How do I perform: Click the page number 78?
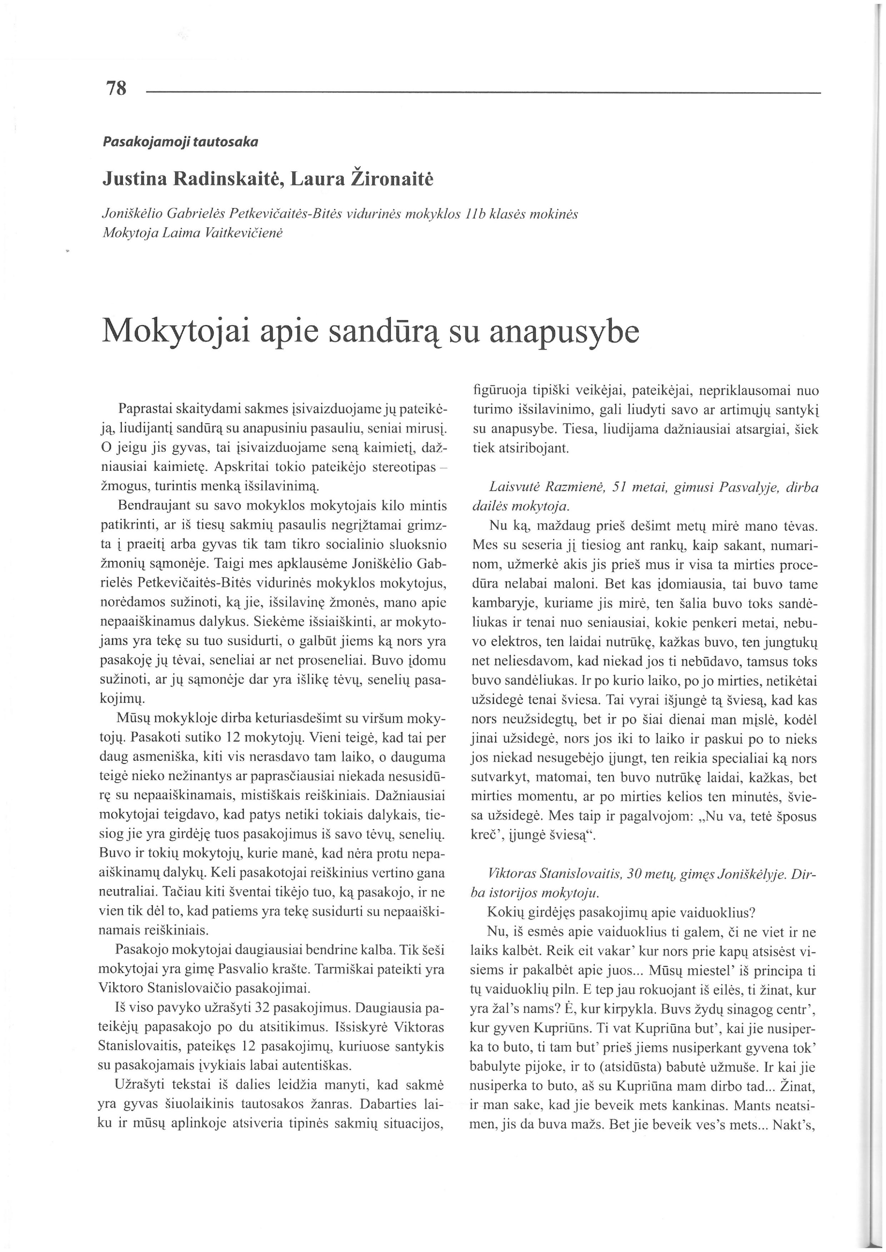(116, 88)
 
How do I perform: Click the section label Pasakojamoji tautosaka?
(180, 142)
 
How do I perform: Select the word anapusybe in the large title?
(564, 332)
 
